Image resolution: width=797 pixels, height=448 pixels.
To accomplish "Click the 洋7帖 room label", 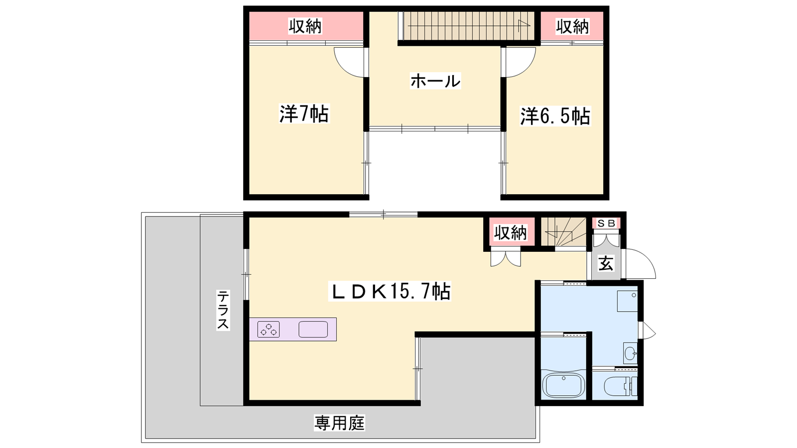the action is point(304,113).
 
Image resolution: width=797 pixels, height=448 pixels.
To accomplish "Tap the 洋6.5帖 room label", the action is point(555,116).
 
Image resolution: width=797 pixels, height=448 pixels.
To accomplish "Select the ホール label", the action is point(435,81).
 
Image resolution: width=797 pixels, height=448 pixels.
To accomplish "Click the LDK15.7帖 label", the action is point(390,291).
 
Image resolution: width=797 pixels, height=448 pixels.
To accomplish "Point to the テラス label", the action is point(223,310).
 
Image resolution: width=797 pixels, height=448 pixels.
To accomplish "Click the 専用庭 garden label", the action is point(339,423).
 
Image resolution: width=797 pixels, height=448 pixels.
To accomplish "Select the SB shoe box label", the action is point(606,224).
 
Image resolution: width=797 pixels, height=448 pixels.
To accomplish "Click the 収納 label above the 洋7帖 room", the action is point(305,26).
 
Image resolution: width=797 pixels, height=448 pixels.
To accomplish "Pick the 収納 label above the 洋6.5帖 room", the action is point(572,26).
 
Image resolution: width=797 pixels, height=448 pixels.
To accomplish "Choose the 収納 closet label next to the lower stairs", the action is point(510,233).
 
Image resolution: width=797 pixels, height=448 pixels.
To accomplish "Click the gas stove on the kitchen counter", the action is point(268,329).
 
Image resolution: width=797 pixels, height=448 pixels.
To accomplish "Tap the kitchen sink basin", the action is point(313,329).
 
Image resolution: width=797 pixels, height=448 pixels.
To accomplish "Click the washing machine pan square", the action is point(627,302).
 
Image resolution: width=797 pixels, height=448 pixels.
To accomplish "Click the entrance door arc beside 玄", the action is point(641,263).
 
